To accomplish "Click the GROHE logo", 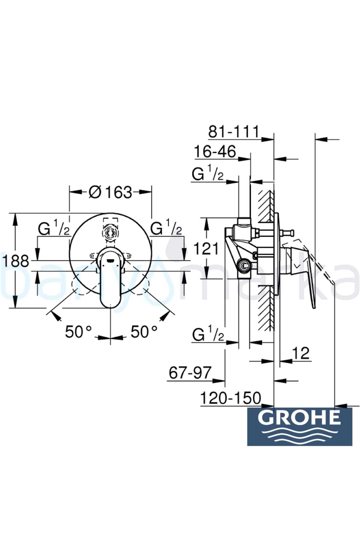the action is [300, 426].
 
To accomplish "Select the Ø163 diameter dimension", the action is [110, 192].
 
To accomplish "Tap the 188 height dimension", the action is [16, 261].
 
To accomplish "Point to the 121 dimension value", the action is [206, 249].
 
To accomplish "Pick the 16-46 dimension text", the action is [215, 151].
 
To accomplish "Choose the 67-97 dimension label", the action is [190, 373].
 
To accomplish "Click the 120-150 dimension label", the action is [230, 398].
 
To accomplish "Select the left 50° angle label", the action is [78, 332].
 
